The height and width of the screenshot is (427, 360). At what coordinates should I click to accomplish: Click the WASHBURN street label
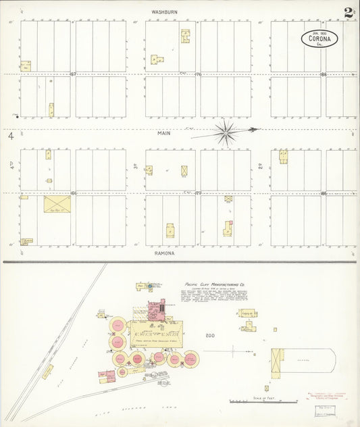point(164,12)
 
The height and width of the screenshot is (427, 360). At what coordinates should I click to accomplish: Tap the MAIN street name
point(164,133)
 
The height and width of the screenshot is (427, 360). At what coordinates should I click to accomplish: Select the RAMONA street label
point(164,253)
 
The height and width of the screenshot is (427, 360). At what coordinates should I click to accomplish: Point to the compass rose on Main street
point(225,132)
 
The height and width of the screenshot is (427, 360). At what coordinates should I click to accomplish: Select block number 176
point(199,74)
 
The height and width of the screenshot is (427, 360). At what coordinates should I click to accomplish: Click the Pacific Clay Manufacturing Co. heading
point(211,285)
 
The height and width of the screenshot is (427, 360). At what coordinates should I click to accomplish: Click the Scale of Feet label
point(258,398)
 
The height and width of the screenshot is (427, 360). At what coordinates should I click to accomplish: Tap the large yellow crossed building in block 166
point(57,204)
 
